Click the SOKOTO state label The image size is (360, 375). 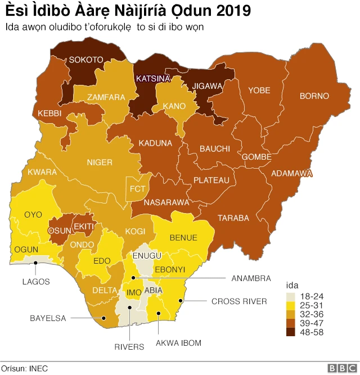click(86, 60)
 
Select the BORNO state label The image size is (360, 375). click(314, 96)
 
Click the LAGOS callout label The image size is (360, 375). click(36, 281)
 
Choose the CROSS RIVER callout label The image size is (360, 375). click(239, 301)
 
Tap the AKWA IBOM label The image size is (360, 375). click(178, 342)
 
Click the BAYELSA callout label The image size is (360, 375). click(48, 318)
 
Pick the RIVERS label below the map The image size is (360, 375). click(130, 347)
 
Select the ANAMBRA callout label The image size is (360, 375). click(251, 278)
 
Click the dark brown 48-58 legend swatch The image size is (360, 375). click(291, 332)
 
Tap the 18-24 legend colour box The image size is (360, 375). click(291, 296)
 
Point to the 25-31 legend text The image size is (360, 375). click(312, 305)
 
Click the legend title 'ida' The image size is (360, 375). click(292, 286)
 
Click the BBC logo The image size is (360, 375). click(340, 368)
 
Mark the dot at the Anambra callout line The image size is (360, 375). click(133, 278)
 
